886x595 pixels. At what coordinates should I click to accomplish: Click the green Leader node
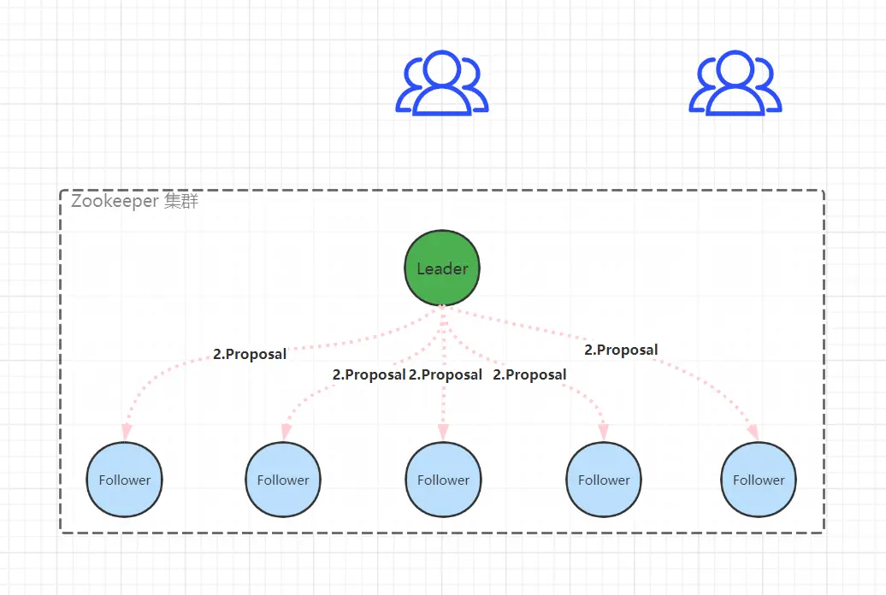pos(442,268)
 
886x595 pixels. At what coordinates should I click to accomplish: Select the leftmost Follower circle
pos(125,480)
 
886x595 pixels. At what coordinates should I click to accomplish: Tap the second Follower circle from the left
pos(283,480)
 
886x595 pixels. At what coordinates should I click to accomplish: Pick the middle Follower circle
pos(443,480)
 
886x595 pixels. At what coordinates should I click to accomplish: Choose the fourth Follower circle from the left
pos(604,480)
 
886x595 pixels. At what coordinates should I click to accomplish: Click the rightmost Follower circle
pos(759,480)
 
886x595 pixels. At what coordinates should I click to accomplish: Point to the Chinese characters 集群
pos(181,202)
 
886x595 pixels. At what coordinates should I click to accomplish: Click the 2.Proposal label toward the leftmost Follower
pos(249,354)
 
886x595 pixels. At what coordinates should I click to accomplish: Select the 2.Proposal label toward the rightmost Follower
pos(621,350)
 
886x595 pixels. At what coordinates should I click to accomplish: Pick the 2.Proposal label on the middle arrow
pos(445,374)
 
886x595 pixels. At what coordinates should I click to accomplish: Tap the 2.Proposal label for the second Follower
pos(369,374)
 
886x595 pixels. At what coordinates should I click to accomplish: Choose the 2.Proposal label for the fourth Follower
pos(529,374)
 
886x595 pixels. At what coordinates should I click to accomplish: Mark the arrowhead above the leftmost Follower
pos(126,430)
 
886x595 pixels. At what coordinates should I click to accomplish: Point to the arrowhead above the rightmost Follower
pos(753,432)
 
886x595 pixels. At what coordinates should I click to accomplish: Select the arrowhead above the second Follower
pos(284,432)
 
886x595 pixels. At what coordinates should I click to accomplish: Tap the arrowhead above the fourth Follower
pos(604,432)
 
